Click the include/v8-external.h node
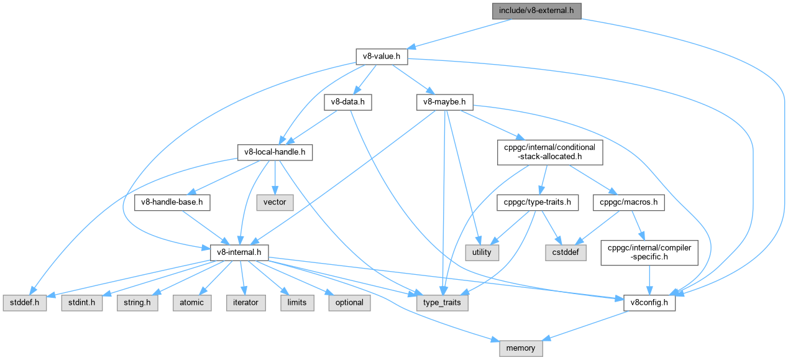537,11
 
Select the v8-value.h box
381,56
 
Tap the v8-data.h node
348,103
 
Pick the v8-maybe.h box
445,103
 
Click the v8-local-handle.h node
275,152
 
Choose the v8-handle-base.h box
173,202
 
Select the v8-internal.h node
239,252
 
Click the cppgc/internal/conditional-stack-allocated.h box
550,152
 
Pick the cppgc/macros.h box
629,202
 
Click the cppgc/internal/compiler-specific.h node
649,252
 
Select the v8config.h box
649,303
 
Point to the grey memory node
521,348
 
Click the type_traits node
442,303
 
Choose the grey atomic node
191,303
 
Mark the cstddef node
565,252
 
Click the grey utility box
482,252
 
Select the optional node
349,303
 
